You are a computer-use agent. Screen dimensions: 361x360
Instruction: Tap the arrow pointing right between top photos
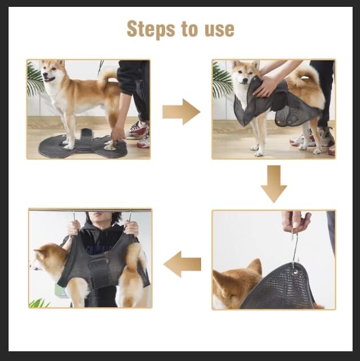[x=181, y=112]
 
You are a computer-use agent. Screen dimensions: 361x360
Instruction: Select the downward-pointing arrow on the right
[x=274, y=183]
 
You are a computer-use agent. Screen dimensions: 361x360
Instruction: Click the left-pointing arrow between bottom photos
[x=182, y=264]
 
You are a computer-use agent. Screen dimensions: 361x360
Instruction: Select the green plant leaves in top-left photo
[x=34, y=80]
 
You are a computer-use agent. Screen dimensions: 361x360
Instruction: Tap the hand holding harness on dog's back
[x=266, y=86]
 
